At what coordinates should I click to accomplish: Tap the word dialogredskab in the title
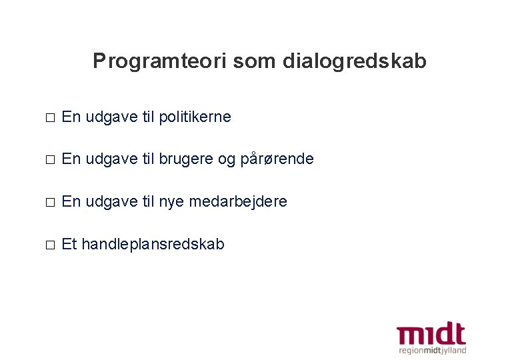tap(354, 61)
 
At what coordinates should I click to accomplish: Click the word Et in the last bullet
tap(69, 244)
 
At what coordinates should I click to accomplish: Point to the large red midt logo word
tap(431, 334)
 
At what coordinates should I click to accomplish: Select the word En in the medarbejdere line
tap(71, 201)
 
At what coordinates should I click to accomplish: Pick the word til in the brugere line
tap(149, 159)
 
